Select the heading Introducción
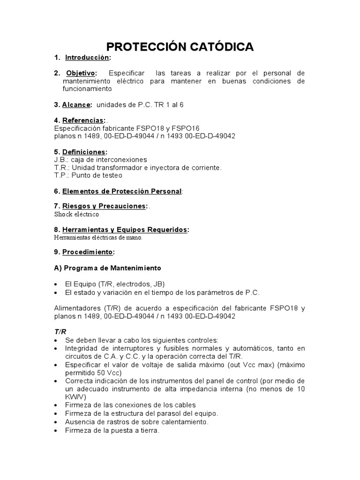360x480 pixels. (x=87, y=58)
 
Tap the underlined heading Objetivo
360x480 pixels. (x=80, y=73)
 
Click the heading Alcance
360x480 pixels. (x=76, y=105)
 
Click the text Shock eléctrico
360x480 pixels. (x=76, y=214)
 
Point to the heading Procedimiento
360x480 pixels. (x=88, y=252)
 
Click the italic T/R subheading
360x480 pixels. (x=60, y=331)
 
